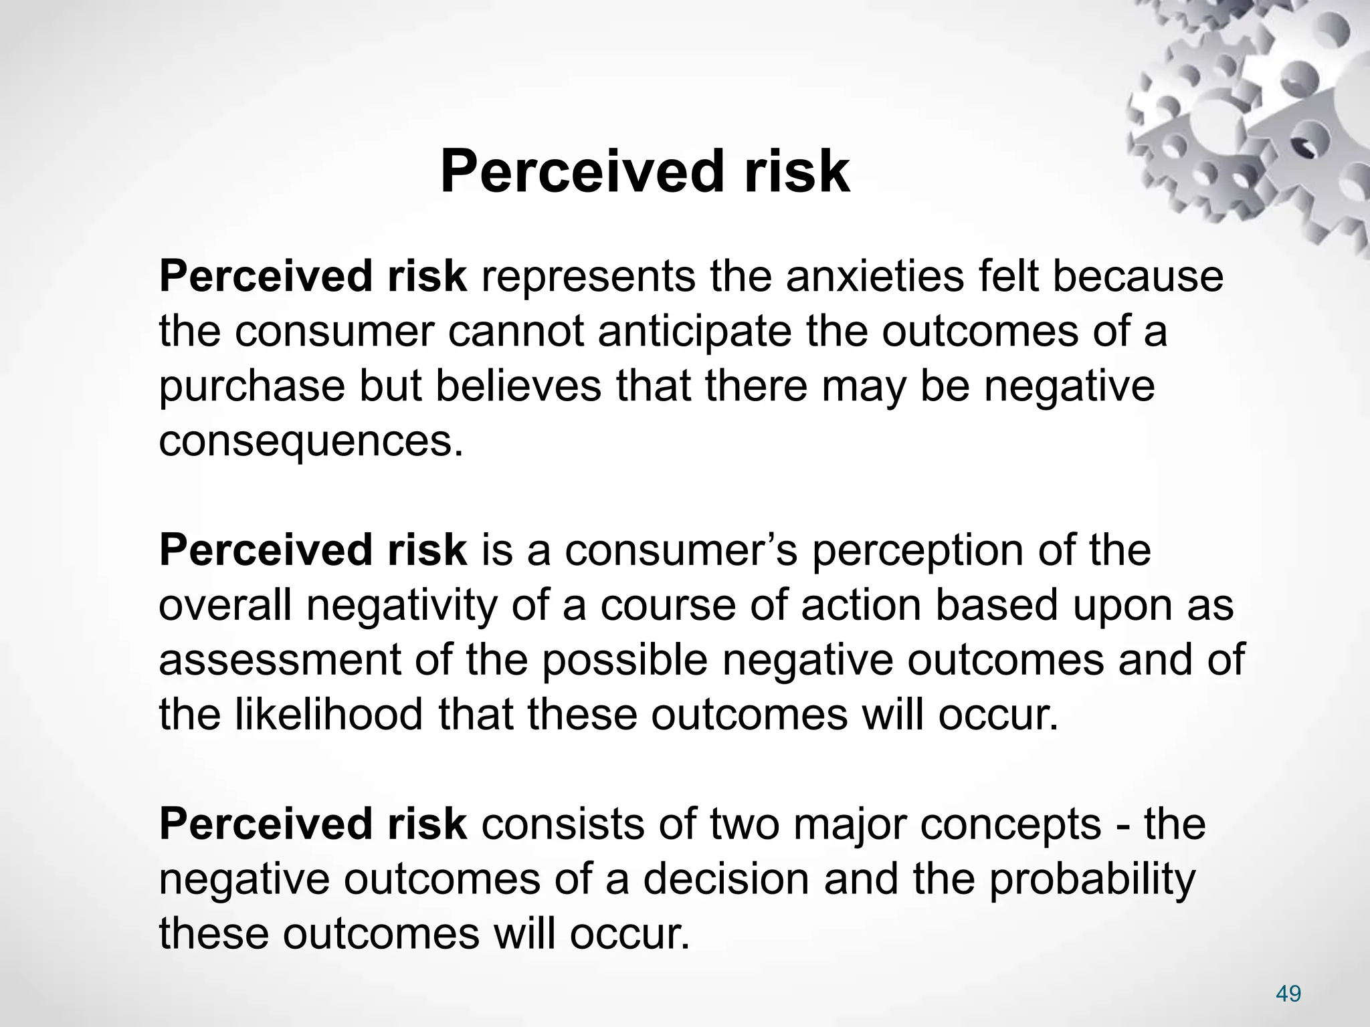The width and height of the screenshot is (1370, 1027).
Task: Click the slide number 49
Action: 1288,994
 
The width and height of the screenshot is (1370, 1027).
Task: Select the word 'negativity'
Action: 401,606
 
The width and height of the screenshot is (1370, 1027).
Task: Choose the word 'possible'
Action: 624,660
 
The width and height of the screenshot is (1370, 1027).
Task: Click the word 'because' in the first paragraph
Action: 1139,276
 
